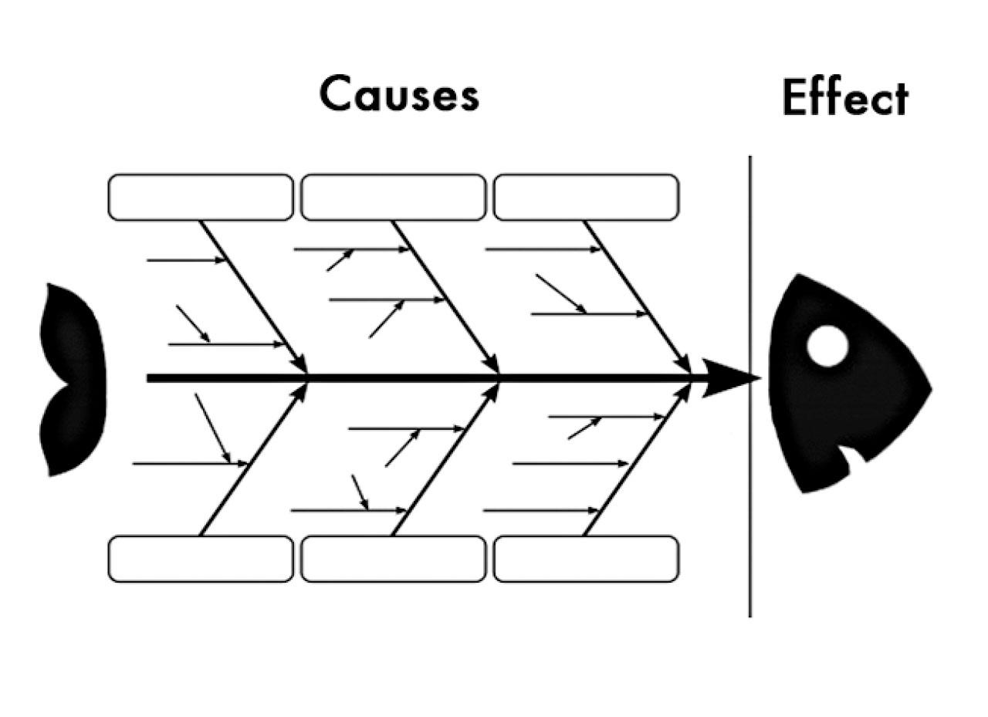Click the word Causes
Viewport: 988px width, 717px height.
tap(399, 95)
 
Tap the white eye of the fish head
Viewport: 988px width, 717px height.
tap(827, 346)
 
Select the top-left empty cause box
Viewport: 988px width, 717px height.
tap(201, 198)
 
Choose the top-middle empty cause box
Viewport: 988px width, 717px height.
tap(393, 198)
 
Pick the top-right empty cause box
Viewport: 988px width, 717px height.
tap(586, 198)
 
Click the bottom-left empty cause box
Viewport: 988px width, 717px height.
tap(201, 559)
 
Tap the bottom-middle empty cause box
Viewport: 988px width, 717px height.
tap(393, 559)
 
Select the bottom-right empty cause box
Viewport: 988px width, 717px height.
tap(586, 559)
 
